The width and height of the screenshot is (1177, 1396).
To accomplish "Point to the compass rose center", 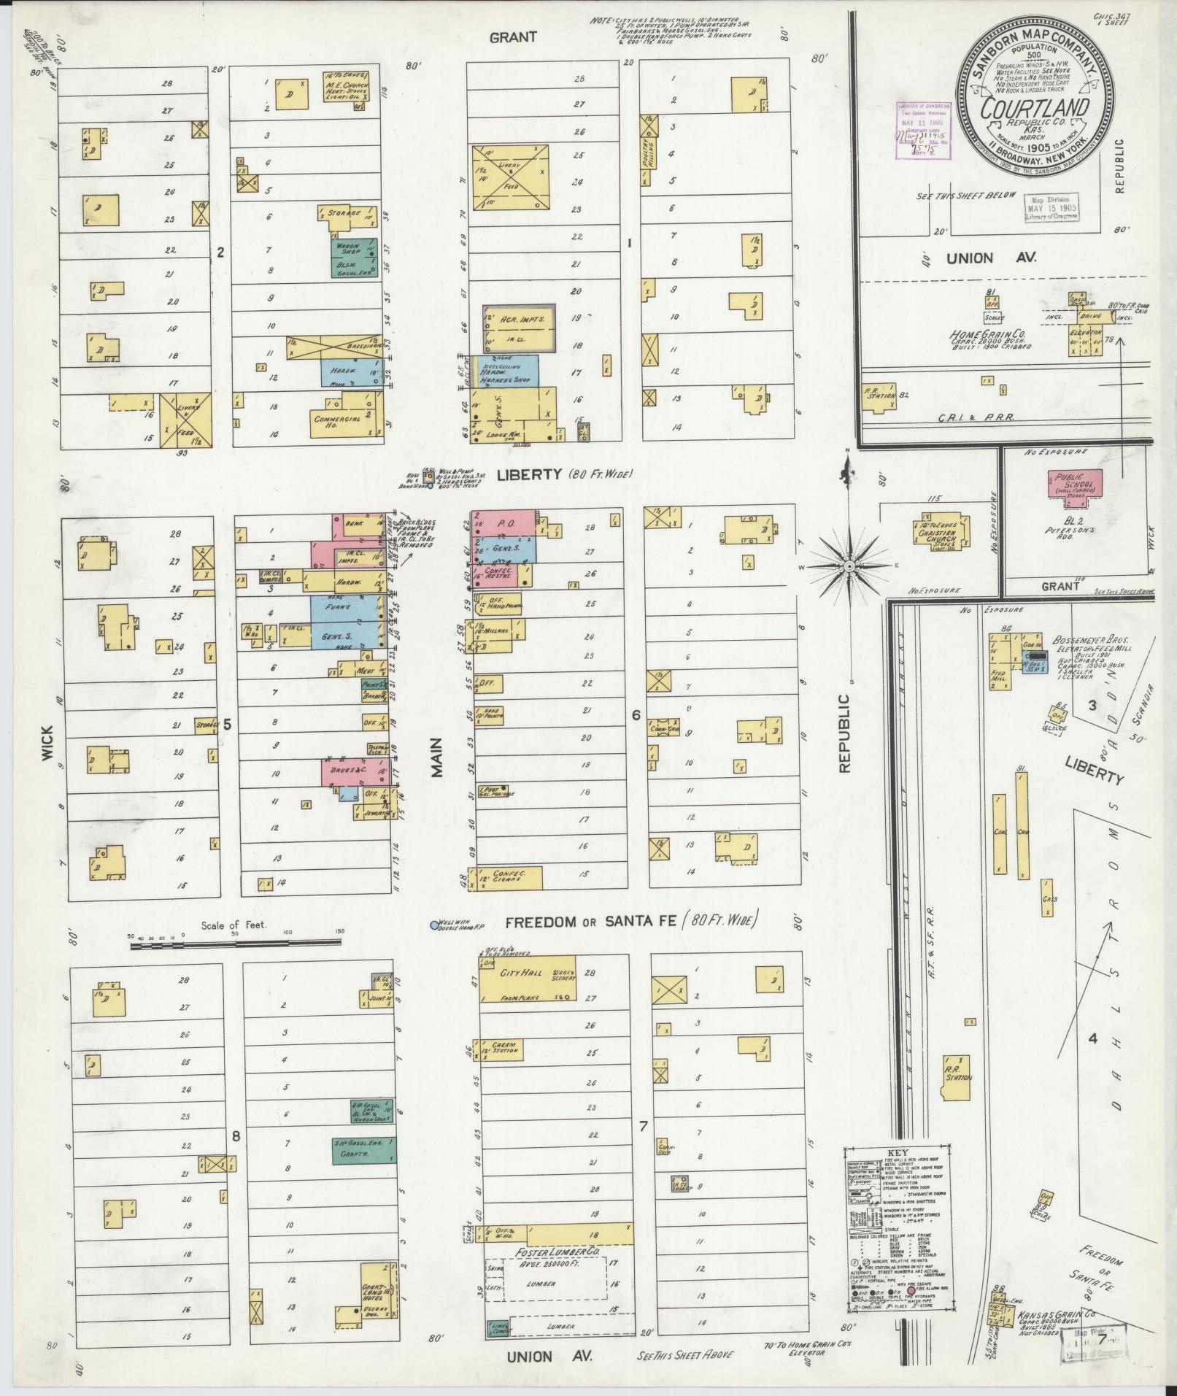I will tap(849, 566).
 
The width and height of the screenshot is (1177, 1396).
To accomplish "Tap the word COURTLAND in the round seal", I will tap(1035, 109).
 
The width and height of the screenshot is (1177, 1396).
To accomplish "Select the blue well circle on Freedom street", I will tap(435, 925).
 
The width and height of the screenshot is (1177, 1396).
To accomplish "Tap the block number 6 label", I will tap(635, 714).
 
